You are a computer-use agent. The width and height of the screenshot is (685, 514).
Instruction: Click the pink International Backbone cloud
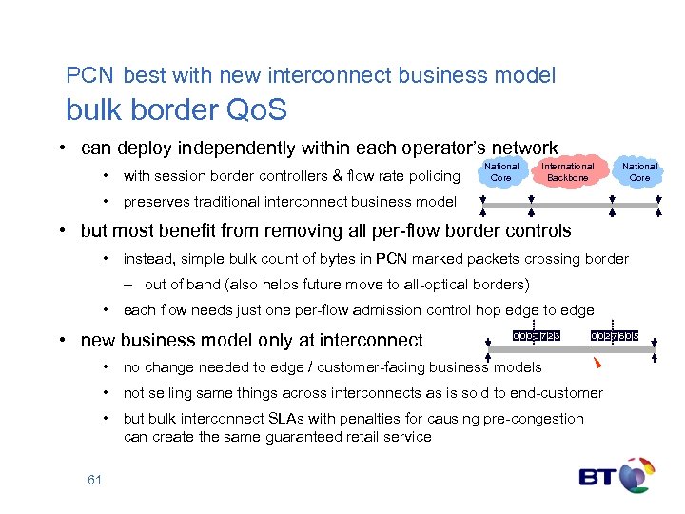[x=568, y=171]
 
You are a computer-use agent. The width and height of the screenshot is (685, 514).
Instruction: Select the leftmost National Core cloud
[x=501, y=171]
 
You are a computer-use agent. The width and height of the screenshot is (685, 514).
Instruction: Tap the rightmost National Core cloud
[x=639, y=171]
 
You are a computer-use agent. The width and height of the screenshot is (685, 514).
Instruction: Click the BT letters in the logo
[x=599, y=476]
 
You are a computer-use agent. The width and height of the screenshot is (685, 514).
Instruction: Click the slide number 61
[x=94, y=480]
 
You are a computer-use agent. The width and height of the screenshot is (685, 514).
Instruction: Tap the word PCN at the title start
[x=89, y=75]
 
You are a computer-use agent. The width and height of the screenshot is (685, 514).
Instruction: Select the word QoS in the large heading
[x=256, y=110]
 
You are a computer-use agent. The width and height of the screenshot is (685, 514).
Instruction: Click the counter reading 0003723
[x=537, y=336]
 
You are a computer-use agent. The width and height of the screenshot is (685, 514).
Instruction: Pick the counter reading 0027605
[x=615, y=336]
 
